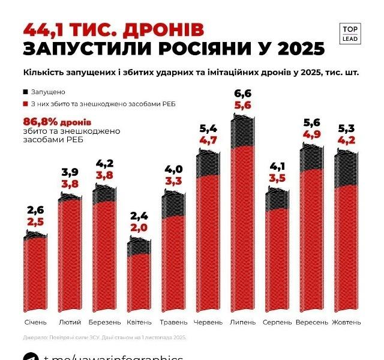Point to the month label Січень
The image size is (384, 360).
point(35,322)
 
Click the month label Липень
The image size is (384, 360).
point(243,322)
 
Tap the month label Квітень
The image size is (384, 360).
point(139,322)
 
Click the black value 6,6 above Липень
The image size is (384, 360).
point(243,93)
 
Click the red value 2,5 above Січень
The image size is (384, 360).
point(35,221)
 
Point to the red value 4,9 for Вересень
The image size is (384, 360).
point(312,134)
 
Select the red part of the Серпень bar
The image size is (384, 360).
point(277,258)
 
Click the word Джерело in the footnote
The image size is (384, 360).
point(37,337)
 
